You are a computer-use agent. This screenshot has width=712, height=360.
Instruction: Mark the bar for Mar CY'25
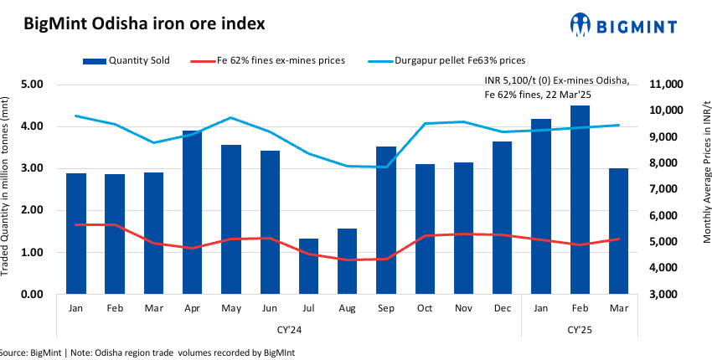tap(619, 231)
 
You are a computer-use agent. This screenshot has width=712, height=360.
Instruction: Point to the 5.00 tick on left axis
tap(33, 85)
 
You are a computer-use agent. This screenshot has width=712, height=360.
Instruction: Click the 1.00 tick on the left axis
tap(33, 252)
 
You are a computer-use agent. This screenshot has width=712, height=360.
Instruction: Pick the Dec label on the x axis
tap(502, 308)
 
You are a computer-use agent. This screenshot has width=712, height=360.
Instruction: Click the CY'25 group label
tap(580, 329)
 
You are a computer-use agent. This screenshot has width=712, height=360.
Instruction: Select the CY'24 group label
tap(289, 329)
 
